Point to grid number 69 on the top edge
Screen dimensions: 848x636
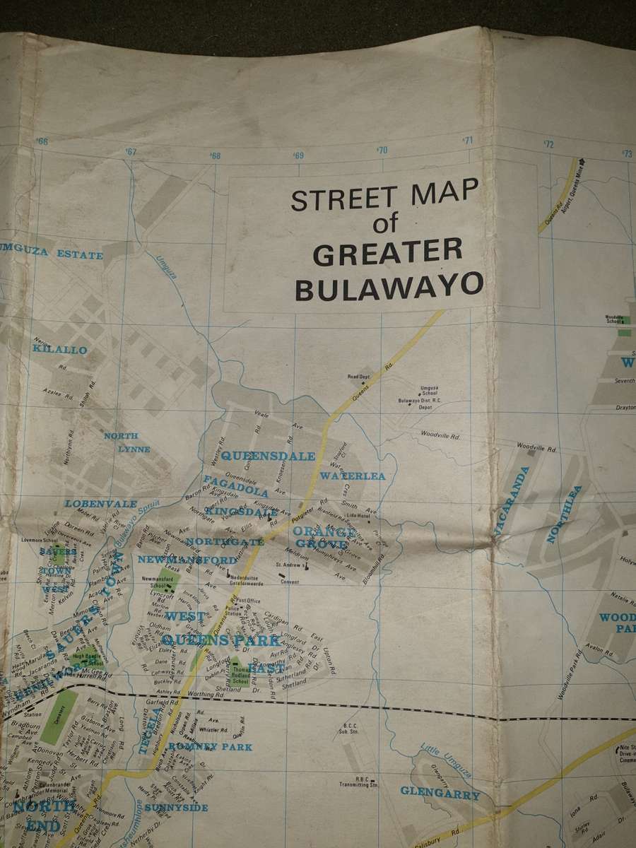[299, 155]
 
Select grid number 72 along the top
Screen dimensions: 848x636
[549, 144]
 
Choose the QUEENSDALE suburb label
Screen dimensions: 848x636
[268, 456]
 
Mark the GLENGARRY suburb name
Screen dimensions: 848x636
[440, 793]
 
